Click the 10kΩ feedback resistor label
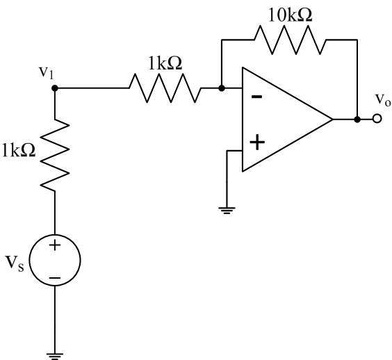click(x=291, y=15)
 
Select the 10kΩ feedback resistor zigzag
click(x=290, y=40)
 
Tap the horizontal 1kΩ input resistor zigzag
click(x=165, y=88)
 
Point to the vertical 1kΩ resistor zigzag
click(x=55, y=155)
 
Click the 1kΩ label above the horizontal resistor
click(x=165, y=63)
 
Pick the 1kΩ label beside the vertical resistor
click(x=19, y=150)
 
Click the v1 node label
click(x=47, y=72)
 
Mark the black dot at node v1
click(x=55, y=88)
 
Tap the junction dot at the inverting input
click(x=222, y=88)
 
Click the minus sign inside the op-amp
click(x=256, y=97)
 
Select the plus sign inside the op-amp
click(x=257, y=142)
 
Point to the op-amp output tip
click(x=332, y=120)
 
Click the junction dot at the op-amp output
click(x=357, y=120)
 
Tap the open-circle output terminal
click(x=377, y=119)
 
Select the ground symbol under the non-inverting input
click(x=227, y=211)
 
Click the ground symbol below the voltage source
click(x=55, y=357)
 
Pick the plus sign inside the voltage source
click(x=55, y=245)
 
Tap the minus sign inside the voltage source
click(x=55, y=278)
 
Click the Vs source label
click(x=15, y=263)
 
